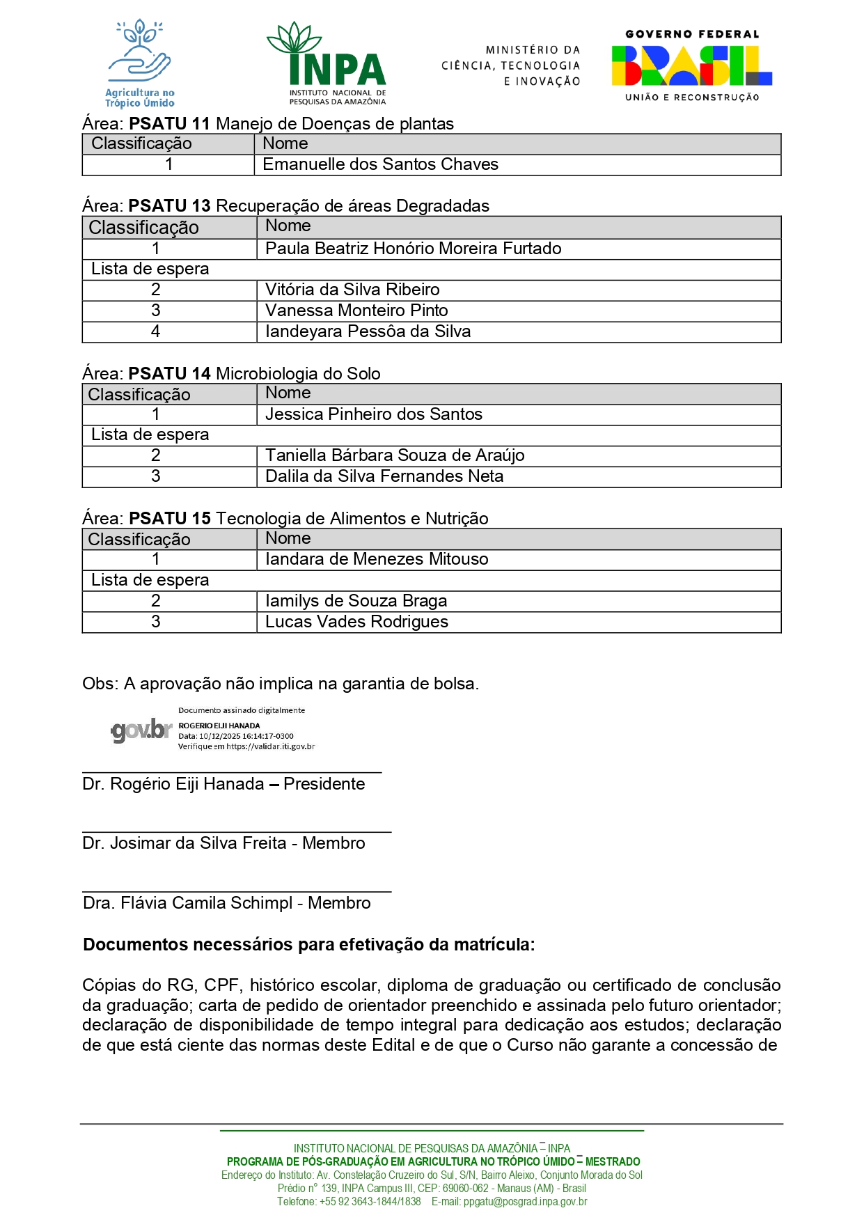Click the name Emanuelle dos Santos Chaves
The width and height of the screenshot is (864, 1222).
380,164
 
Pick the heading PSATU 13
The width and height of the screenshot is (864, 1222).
169,206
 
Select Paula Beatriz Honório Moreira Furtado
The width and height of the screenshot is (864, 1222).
413,249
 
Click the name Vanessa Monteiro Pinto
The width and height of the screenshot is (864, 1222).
356,311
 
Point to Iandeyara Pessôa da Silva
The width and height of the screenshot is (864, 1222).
368,331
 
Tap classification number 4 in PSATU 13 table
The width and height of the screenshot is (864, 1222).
155,331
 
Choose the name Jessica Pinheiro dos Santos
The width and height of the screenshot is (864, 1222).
373,414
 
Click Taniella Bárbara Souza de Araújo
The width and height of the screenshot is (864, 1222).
395,455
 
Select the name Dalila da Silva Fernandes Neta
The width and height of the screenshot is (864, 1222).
384,476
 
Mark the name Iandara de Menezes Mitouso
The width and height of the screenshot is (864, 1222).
377,559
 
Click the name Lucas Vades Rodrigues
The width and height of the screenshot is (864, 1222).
356,622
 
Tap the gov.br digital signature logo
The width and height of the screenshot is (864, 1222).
141,730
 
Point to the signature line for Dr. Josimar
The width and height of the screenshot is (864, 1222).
237,831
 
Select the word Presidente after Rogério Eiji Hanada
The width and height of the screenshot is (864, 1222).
324,784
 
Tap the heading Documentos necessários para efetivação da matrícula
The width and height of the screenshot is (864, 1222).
308,945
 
